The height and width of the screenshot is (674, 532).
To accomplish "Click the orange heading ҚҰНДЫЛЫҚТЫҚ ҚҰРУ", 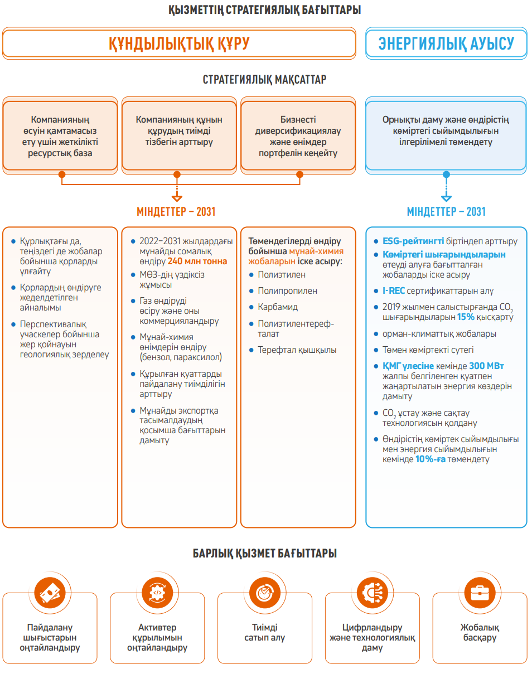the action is click(x=179, y=43).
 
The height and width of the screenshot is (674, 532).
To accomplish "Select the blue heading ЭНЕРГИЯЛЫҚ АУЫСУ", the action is click(x=446, y=43).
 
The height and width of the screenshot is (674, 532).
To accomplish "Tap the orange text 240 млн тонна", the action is click(x=197, y=261).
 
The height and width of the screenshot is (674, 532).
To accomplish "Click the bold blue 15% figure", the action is click(x=466, y=317).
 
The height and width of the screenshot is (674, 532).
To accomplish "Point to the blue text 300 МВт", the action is click(x=486, y=366).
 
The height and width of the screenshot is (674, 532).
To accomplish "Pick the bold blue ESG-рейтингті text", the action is click(x=413, y=241).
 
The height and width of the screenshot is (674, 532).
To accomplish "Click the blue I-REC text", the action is click(x=394, y=290).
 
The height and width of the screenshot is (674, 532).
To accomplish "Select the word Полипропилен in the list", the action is click(x=287, y=290).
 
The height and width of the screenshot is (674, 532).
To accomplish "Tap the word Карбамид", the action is click(x=278, y=307).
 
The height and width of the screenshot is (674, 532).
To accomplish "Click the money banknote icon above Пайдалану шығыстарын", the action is click(x=50, y=593).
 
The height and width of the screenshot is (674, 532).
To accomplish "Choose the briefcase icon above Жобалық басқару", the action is click(x=480, y=593).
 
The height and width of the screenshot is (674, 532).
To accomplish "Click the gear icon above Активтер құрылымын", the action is click(x=157, y=593).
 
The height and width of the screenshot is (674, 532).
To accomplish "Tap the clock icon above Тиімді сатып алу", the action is click(x=265, y=593).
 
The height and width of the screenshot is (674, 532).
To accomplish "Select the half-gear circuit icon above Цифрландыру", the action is click(x=372, y=593).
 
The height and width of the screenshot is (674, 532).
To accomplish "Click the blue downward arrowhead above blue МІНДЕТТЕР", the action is click(x=446, y=198).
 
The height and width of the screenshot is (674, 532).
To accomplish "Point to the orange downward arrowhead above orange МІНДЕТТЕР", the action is click(x=177, y=198).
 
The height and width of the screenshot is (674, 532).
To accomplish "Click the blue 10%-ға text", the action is click(x=430, y=459).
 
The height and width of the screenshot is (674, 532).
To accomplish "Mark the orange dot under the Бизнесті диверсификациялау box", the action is click(x=299, y=174).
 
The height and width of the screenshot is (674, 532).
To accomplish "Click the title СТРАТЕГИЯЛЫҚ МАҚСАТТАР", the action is click(x=264, y=80).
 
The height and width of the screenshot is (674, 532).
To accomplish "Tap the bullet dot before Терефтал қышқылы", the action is click(x=252, y=350).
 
